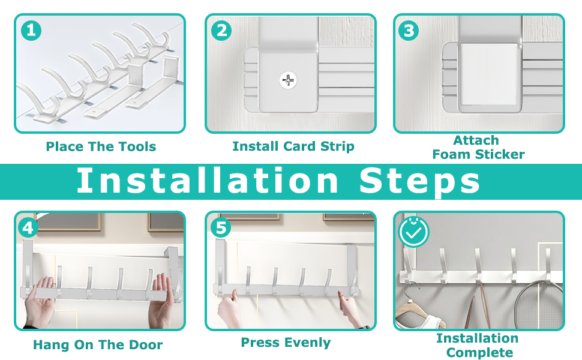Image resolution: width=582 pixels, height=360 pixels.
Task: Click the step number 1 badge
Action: click(x=31, y=31)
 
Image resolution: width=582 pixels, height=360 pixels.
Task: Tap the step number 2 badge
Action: click(x=221, y=31)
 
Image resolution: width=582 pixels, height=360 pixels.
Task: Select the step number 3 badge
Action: click(x=409, y=31)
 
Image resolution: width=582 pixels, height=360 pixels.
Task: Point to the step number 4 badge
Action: click(x=28, y=228)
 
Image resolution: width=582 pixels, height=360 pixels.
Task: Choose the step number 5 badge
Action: click(x=221, y=228)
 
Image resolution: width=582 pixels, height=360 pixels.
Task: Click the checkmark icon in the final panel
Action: click(x=413, y=232)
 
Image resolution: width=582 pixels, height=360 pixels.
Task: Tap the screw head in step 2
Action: click(x=288, y=80)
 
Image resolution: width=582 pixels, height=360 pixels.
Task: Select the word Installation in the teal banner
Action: click(x=208, y=181)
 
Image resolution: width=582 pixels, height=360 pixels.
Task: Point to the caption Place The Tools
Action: click(x=101, y=146)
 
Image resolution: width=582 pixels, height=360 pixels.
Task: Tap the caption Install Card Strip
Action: click(x=293, y=146)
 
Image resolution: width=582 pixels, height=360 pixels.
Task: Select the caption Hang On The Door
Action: click(x=98, y=345)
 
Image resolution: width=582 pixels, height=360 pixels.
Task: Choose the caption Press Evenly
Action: click(x=286, y=343)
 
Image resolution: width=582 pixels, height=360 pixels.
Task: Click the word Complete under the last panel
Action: click(x=479, y=352)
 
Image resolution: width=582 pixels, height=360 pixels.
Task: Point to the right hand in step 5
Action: click(x=351, y=308)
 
